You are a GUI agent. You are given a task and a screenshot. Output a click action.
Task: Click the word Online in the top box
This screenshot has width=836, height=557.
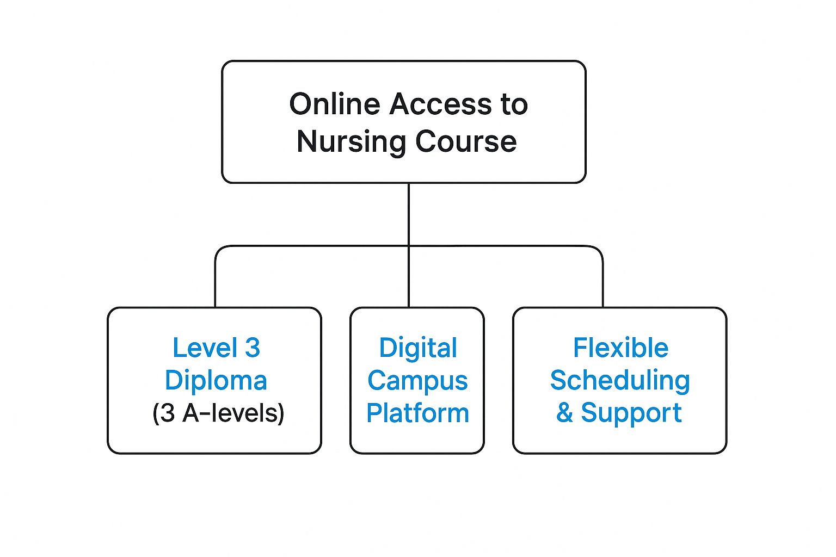[334, 104]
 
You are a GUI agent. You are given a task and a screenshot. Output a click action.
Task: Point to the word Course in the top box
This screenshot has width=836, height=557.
[466, 141]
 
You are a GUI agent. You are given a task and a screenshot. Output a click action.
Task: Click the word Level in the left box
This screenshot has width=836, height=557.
[205, 348]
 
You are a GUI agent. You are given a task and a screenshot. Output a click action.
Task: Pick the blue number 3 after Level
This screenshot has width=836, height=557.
[252, 348]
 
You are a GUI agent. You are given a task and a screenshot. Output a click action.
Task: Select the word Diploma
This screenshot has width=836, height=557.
[216, 380]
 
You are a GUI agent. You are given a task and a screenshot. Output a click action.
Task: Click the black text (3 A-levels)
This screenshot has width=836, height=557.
[218, 413]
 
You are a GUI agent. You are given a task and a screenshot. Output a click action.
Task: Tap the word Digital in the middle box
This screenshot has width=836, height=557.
[418, 348]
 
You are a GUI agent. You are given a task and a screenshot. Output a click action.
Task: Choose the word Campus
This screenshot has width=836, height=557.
[417, 380]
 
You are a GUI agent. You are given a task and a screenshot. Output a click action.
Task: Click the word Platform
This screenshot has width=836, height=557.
[417, 413]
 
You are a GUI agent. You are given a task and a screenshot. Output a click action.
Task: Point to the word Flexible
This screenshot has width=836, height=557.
[620, 348]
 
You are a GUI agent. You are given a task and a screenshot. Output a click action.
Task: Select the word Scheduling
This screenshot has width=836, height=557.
[620, 380]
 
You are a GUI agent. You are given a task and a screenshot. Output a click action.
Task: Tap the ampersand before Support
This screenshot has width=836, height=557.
[564, 413]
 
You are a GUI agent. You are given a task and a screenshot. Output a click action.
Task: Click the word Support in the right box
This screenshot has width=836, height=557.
[631, 413]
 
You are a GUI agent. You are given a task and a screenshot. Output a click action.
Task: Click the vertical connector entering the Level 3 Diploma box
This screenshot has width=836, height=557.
[216, 283]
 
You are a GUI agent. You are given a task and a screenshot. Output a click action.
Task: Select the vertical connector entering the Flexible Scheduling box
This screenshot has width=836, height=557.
[603, 283]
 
